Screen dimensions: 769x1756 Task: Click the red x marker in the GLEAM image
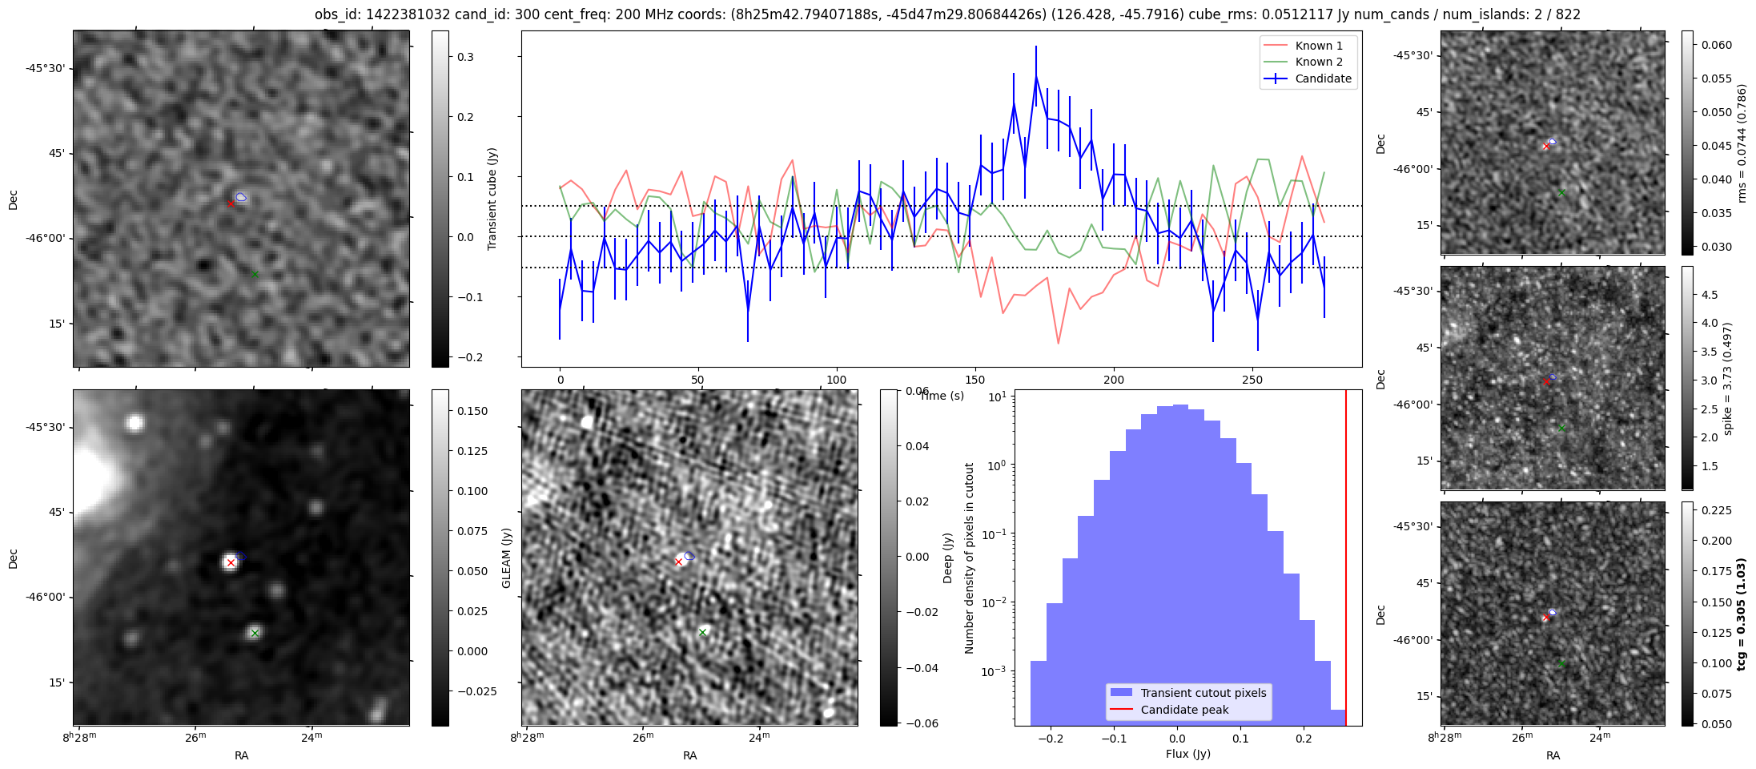click(x=231, y=562)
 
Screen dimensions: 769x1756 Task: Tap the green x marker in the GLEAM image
click(x=255, y=633)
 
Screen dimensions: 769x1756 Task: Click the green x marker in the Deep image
click(x=702, y=633)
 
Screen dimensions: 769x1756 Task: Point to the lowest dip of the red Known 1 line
click(x=1058, y=344)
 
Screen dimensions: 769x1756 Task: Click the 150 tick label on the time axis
click(x=974, y=380)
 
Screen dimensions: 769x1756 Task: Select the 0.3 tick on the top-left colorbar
click(x=465, y=57)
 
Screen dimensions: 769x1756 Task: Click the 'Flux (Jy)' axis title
click(x=1187, y=754)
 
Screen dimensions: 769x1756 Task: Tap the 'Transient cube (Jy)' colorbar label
click(x=492, y=199)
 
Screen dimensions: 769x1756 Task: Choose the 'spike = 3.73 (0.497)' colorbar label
click(x=1727, y=378)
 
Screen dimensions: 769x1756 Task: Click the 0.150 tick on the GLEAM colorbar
click(x=472, y=411)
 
